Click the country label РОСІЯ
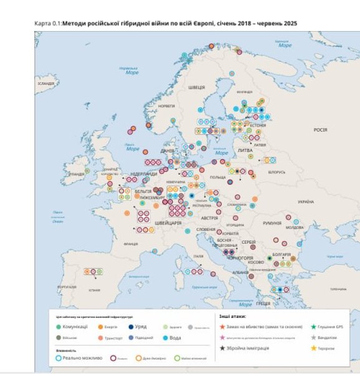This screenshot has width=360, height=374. pyautogui.click(x=320, y=130)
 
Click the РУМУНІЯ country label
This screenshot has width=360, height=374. pyautogui.click(x=272, y=223)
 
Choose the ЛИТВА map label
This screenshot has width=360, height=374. pyautogui.click(x=245, y=150)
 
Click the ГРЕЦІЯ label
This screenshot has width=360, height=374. pyautogui.click(x=263, y=304)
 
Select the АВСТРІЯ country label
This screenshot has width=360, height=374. pyautogui.click(x=209, y=218)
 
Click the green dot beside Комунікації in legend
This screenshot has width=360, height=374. pyautogui.click(x=59, y=327)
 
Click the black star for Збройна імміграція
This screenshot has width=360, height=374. pyautogui.click(x=222, y=348)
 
